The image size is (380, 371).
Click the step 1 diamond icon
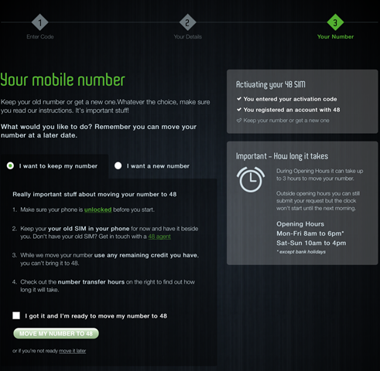click(40, 22)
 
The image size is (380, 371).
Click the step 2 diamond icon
click(187, 22)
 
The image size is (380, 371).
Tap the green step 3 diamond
click(335, 22)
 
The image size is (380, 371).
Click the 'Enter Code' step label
click(40, 37)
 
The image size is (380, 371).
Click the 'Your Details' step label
click(187, 37)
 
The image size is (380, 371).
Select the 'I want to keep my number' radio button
click(10, 165)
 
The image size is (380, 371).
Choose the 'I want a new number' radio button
click(118, 165)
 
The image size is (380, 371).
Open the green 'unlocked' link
click(98, 209)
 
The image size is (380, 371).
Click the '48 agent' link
click(159, 237)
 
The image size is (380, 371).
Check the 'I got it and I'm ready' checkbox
click(16, 315)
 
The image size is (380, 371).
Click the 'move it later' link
click(73, 351)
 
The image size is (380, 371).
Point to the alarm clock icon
click(251, 179)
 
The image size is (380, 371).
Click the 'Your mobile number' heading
click(63, 80)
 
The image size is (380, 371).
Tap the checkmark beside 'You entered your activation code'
click(239, 99)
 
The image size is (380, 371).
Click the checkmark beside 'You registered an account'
click(239, 110)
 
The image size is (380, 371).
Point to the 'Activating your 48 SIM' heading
click(271, 84)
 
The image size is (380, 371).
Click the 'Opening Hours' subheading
click(300, 224)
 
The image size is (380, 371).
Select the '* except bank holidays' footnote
click(301, 252)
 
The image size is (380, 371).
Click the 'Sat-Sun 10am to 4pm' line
click(311, 243)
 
